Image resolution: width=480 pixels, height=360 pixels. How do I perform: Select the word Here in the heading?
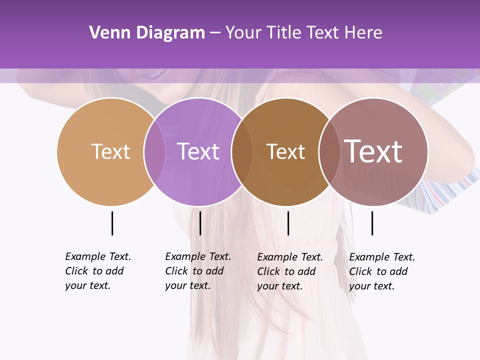(364, 33)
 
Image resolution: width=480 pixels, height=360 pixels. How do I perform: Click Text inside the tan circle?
(110, 151)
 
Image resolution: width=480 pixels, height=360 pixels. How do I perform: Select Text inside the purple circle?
(198, 151)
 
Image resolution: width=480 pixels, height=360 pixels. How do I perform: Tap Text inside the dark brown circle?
(285, 151)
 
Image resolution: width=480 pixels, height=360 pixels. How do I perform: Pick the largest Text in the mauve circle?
(373, 151)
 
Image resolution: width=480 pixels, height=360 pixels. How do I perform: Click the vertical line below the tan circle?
(112, 223)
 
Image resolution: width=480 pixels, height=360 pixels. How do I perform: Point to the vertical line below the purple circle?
(200, 223)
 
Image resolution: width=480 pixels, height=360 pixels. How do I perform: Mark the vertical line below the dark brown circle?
(288, 223)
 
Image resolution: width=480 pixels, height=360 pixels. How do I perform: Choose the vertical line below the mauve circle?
(372, 223)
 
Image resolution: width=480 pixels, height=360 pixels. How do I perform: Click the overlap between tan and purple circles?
(154, 152)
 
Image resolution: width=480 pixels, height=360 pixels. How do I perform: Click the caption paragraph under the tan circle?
(98, 271)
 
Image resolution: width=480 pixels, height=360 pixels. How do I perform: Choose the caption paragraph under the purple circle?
(198, 271)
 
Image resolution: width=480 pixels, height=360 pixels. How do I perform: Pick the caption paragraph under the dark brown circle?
(290, 271)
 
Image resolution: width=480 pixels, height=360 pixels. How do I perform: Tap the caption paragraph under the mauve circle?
(382, 271)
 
